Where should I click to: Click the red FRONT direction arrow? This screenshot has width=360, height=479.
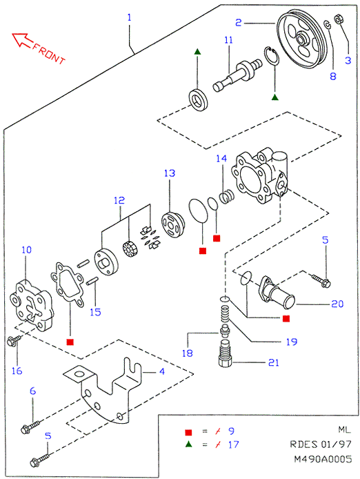22,40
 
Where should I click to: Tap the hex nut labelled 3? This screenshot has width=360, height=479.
338,19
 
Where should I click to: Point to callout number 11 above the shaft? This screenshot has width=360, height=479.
228,40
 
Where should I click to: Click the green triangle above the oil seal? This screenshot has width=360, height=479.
197,51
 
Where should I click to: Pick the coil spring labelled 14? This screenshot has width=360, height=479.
227,196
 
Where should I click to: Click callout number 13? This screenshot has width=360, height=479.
170,173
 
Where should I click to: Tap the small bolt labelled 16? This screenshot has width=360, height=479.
14,340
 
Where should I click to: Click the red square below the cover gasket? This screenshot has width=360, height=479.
70,342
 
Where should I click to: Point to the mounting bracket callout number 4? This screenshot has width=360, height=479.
162,371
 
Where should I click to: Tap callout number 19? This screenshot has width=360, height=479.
292,342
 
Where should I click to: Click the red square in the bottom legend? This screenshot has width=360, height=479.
188,432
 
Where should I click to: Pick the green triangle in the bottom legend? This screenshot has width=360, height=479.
189,444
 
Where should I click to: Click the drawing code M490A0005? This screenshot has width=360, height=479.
323,459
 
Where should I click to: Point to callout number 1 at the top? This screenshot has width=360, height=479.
130,17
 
